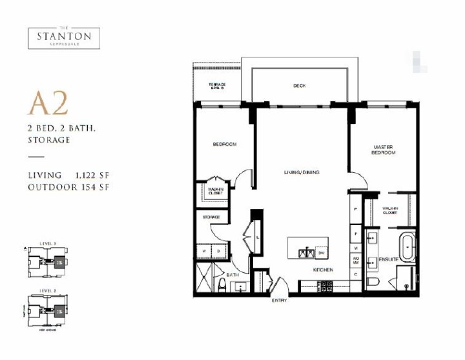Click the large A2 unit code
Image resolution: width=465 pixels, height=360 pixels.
47,103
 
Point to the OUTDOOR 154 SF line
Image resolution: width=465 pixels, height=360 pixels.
67,187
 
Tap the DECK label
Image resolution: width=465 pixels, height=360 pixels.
298,86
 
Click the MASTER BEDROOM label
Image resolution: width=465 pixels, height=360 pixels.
383,150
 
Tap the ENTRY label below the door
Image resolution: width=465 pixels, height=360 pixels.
279,301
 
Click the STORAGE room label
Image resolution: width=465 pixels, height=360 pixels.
212,217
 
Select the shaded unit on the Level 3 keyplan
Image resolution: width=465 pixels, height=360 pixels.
59,263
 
